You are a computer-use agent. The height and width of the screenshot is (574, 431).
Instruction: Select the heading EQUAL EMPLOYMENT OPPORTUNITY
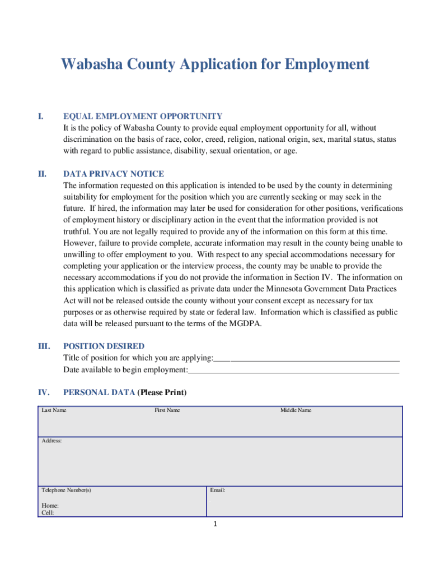click(x=143, y=116)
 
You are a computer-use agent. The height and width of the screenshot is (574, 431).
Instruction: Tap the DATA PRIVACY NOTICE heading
click(x=114, y=174)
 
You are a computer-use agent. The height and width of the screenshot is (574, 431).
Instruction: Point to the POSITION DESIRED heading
click(x=104, y=346)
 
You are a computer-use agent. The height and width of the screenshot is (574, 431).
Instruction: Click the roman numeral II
click(x=42, y=174)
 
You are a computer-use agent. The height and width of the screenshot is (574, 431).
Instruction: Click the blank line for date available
click(x=293, y=371)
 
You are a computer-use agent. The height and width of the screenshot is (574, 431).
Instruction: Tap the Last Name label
click(x=54, y=410)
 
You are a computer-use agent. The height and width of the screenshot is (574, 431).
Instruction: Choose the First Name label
click(x=167, y=410)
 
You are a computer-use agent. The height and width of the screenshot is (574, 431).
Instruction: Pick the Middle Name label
click(x=296, y=410)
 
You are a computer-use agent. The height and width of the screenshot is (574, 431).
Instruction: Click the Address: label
click(x=52, y=441)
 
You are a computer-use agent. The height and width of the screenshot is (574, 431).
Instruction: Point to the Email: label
click(x=218, y=490)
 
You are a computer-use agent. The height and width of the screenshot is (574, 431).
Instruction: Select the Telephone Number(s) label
click(x=67, y=490)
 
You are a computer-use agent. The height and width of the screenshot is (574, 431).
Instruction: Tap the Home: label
click(x=50, y=506)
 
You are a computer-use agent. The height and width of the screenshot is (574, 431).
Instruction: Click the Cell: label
click(x=48, y=512)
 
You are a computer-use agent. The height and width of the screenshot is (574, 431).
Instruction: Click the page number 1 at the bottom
click(x=214, y=525)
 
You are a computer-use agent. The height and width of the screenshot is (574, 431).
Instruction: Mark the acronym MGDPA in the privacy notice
click(x=245, y=323)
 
